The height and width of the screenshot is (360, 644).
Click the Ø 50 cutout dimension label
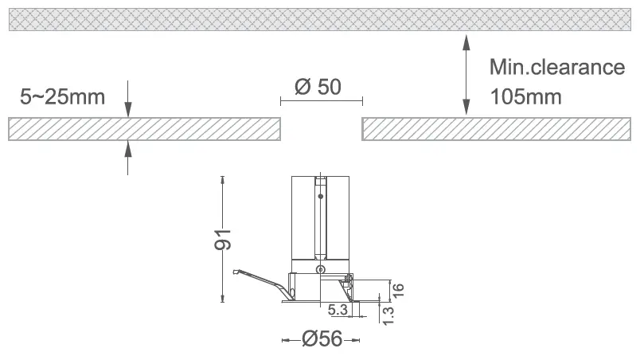tap(318, 87)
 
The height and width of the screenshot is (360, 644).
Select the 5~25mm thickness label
tap(62, 97)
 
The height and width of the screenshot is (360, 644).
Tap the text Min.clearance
tap(557, 67)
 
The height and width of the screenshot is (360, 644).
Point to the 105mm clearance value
tap(525, 97)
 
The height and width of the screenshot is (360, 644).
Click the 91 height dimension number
tap(223, 240)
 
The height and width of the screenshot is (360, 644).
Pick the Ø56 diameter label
tap(322, 339)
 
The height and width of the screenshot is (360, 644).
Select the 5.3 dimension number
tap(338, 310)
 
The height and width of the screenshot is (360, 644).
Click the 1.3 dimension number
tap(388, 315)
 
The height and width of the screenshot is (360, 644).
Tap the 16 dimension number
tap(397, 290)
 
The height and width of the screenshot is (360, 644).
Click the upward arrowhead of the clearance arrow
tap(466, 42)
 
